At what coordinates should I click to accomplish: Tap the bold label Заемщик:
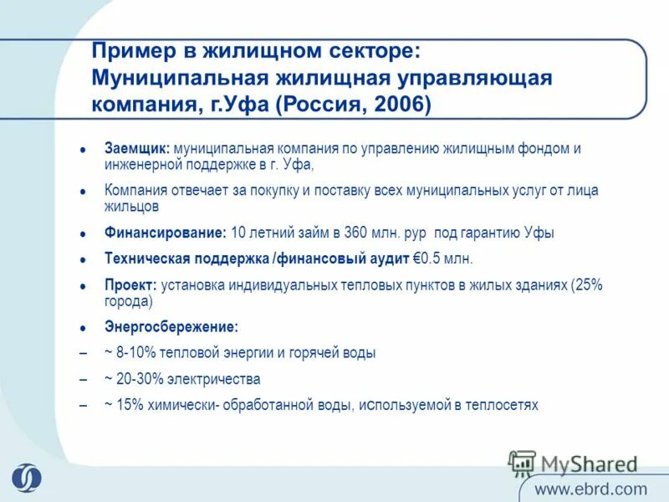pos(135,148)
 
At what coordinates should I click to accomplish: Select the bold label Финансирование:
pos(166,233)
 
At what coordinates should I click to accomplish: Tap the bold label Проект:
pos(130,284)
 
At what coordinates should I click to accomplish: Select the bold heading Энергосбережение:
pos(171,327)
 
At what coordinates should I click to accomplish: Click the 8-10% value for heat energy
pos(135,353)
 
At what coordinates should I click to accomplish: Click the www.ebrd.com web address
pos(590,489)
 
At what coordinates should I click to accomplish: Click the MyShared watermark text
pos(589,464)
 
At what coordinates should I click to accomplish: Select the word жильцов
pos(131,206)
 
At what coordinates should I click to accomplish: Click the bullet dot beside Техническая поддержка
pos(83,259)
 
